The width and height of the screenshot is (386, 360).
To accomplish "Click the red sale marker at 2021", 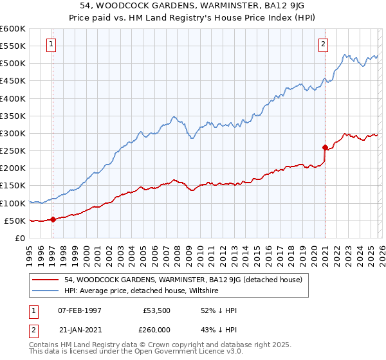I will [325, 147].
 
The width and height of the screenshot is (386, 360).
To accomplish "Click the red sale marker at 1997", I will [53, 219].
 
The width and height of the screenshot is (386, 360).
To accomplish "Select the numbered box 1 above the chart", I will [51, 44].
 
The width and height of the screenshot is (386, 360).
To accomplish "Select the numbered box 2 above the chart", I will [323, 44].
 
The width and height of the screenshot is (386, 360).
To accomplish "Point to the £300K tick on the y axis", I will [13, 133].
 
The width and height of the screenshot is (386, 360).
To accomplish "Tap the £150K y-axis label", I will [13, 185].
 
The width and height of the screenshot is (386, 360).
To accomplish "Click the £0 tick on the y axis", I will [19, 238].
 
